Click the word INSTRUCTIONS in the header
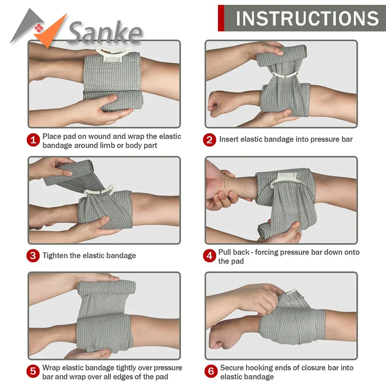click(307, 19)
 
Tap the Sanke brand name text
click(104, 33)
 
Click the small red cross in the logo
click(39, 29)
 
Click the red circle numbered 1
click(34, 140)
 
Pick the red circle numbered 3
click(34, 256)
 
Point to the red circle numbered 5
click(34, 371)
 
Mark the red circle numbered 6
click(211, 371)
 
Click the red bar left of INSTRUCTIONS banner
click(221, 18)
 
